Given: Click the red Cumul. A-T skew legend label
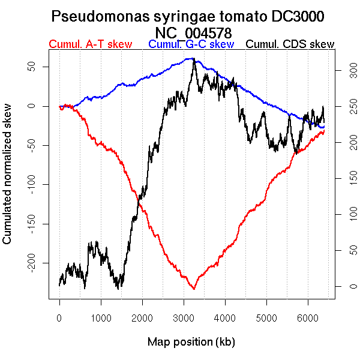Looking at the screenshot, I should tap(90, 44).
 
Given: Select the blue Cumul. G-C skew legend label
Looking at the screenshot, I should tap(191, 44).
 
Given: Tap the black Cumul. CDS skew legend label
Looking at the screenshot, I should tap(290, 44).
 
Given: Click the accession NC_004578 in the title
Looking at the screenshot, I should tap(193, 32).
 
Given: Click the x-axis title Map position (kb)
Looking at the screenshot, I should tap(191, 342).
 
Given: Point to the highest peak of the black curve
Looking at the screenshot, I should tap(194, 58).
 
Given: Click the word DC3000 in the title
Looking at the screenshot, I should tap(292, 16).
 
